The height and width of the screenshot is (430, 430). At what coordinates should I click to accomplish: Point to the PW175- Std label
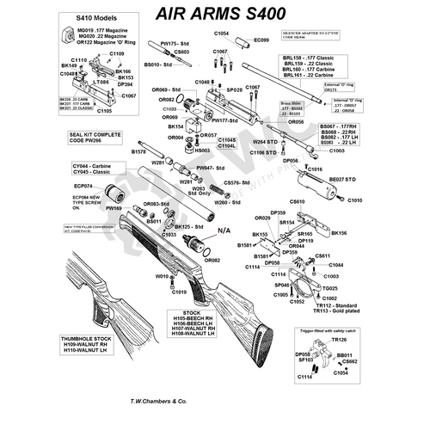170,43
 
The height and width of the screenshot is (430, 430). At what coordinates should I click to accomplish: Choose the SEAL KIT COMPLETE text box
87,138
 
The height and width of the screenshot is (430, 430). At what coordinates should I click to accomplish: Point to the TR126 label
339,340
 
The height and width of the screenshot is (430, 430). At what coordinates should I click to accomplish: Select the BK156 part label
338,233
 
